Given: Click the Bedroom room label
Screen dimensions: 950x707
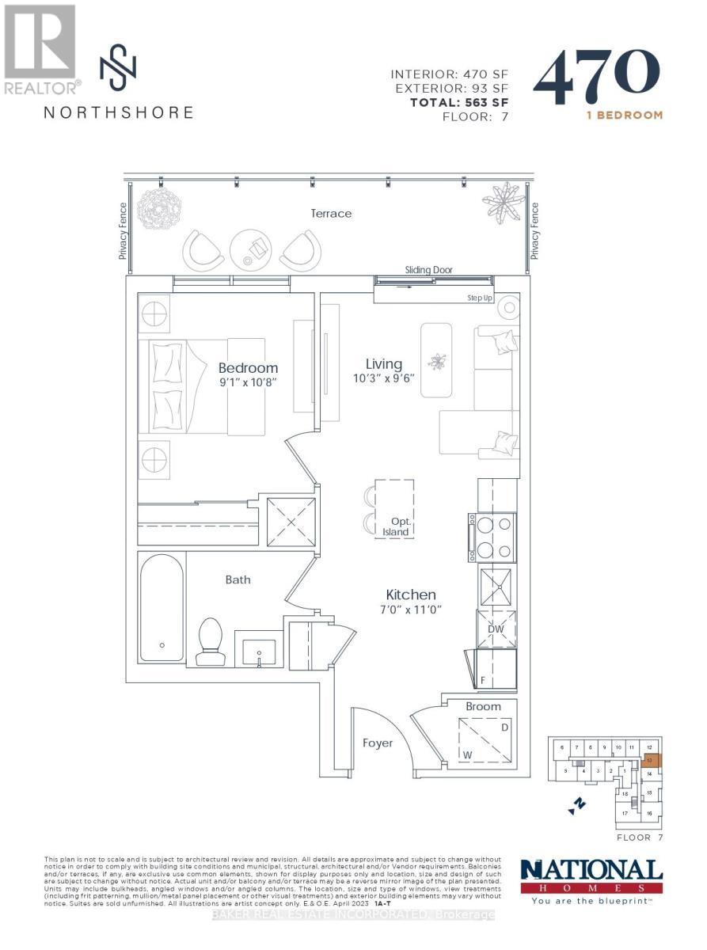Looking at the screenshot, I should pos(248,368).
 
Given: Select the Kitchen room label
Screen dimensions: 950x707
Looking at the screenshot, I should pos(410,595).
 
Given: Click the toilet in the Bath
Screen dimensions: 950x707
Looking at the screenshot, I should pos(211,642).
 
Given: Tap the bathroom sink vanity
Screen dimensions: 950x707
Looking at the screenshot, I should pos(257,648).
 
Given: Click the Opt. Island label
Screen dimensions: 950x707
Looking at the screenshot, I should pos(395,526).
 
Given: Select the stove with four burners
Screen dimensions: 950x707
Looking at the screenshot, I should pos(493,538).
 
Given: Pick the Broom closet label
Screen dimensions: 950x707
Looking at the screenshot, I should pos(482,706).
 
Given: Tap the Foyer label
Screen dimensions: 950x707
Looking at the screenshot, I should pos(378,743).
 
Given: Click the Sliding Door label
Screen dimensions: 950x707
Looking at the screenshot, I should pos(428,270).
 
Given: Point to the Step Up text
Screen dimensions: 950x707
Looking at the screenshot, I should pos(481,298).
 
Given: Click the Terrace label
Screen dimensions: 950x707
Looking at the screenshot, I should pos(330,213).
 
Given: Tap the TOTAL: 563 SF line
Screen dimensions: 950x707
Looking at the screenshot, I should pos(458,102).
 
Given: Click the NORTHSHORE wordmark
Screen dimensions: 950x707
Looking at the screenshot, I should pos(118,112).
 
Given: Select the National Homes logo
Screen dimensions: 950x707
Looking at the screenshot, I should pos(591,880).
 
